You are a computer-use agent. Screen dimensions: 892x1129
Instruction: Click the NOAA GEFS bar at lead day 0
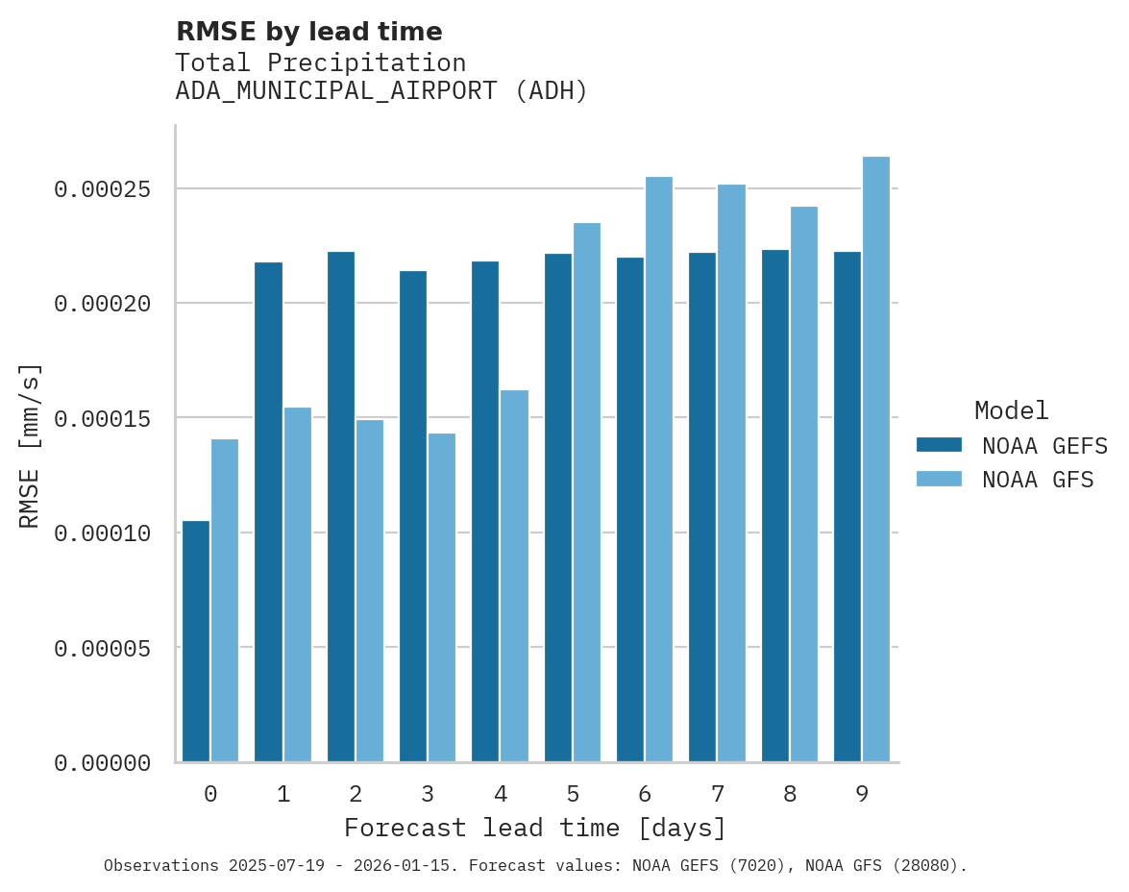pos(196,641)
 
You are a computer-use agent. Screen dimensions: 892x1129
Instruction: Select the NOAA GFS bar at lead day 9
pos(876,459)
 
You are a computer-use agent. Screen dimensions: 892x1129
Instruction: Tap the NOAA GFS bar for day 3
pos(442,597)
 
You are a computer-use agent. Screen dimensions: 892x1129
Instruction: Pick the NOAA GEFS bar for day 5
pos(558,508)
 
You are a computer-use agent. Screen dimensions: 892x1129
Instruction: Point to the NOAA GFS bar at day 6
pos(659,469)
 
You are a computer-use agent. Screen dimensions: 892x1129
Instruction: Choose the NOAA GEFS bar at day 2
pos(341,507)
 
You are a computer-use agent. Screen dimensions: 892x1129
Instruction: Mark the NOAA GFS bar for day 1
pos(298,584)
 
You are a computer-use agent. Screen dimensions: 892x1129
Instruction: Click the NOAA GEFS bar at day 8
pos(775,506)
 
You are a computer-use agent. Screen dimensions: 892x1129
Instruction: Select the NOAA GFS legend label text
pos(1038,480)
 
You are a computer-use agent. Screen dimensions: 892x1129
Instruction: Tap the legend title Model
pos(1011,410)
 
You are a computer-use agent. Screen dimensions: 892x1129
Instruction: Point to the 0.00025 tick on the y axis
pos(102,189)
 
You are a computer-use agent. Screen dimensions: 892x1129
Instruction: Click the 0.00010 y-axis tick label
pos(102,533)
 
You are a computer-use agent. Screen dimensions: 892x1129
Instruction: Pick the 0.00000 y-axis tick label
pos(102,763)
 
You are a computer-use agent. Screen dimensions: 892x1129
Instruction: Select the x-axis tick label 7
pos(718,794)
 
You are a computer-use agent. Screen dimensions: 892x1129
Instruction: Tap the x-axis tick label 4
pos(501,794)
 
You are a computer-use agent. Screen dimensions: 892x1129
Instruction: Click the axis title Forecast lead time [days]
pos(535,828)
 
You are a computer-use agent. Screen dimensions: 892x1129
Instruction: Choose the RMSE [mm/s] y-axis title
pos(30,445)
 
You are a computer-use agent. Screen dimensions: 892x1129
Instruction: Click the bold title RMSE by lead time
pos(309,32)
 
